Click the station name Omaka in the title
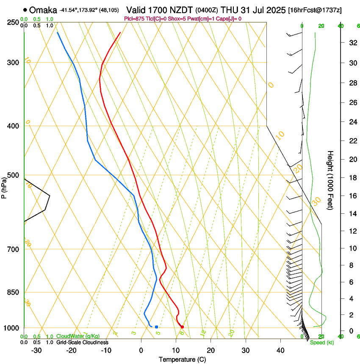click(43, 9)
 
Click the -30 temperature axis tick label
click(36, 350)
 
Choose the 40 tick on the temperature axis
click(280, 350)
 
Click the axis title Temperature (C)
click(182, 360)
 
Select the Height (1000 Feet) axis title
click(330, 180)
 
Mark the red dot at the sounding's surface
click(182, 327)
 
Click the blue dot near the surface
click(156, 327)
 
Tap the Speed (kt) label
click(322, 342)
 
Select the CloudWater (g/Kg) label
click(78, 336)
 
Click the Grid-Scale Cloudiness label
click(82, 342)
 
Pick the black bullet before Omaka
click(26, 9)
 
